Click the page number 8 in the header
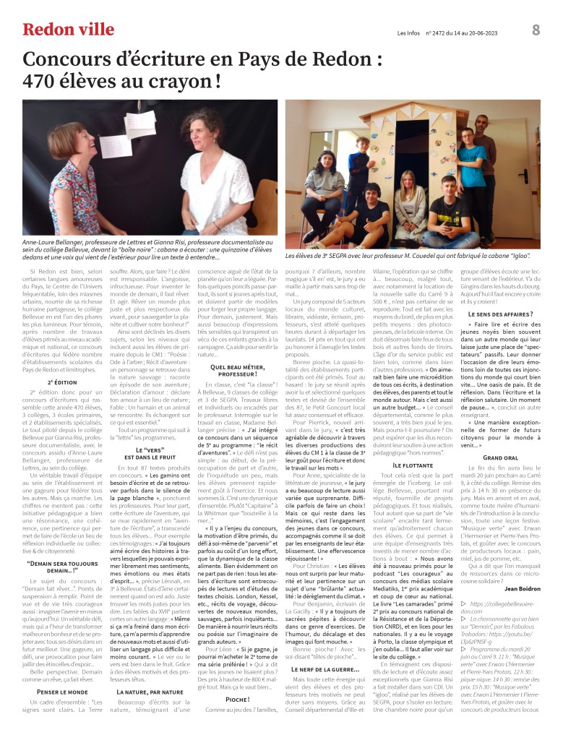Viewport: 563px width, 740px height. pos(536,30)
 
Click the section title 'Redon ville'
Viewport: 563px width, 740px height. pos(68,30)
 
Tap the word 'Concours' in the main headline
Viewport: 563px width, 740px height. pos(68,59)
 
